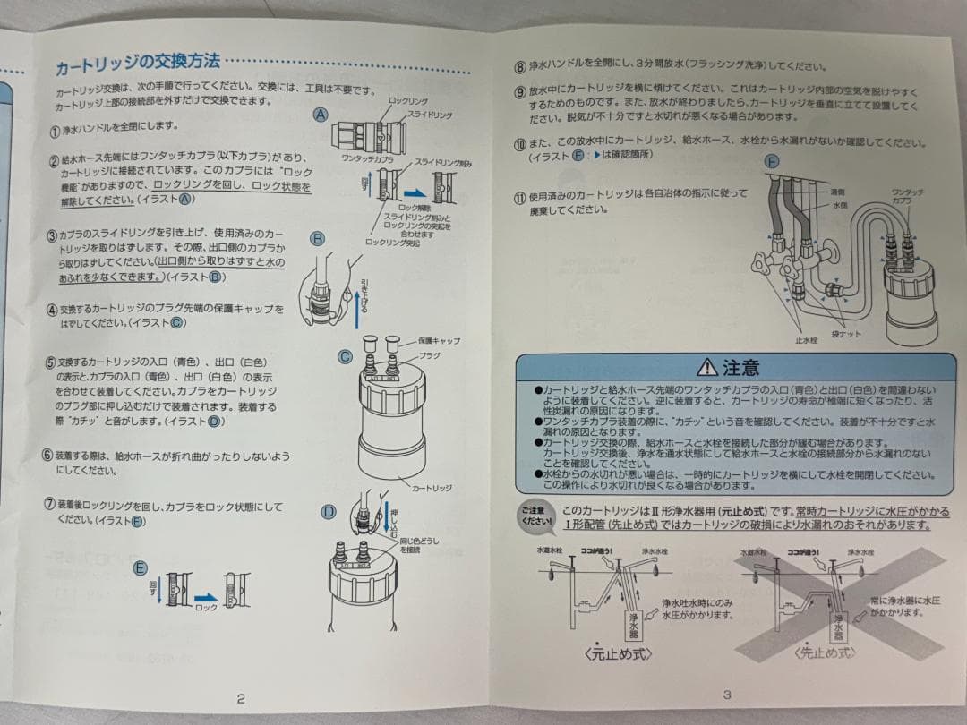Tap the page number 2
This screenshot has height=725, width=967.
click(241, 699)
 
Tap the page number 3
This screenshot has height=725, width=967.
click(727, 694)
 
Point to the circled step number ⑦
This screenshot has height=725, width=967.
click(49, 503)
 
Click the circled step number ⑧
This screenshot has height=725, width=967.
click(519, 66)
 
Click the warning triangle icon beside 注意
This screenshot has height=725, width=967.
click(706, 367)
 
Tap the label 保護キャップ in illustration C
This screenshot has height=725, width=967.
click(439, 341)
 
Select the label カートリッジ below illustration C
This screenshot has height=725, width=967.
click(432, 489)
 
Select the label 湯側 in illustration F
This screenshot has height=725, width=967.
click(837, 192)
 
